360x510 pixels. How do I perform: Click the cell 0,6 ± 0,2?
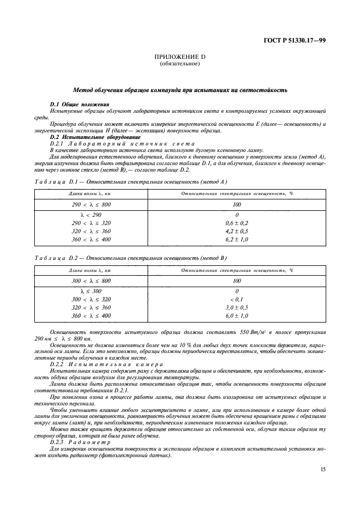(236, 223)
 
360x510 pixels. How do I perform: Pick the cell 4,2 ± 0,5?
(236, 231)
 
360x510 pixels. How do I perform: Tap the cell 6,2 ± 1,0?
(236, 239)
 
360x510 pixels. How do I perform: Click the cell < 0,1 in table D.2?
(236, 300)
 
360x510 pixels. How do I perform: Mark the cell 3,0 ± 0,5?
(236, 307)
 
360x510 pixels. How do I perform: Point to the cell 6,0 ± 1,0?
(236, 315)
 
